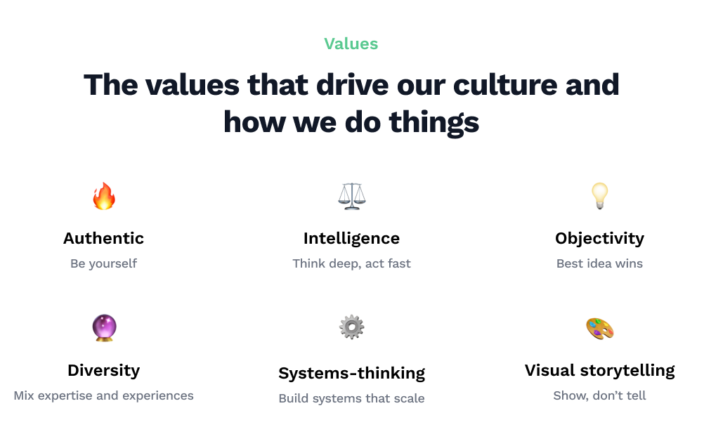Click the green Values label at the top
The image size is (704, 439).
pos(351,44)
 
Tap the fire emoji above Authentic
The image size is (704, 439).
pos(104,196)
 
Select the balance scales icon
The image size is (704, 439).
pos(351,196)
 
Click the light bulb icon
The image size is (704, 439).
pos(600,196)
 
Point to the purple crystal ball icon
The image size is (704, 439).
pos(104,328)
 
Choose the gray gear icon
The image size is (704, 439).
pos(351,327)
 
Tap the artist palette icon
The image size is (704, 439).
pos(600,329)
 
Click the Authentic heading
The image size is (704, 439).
pos(104,238)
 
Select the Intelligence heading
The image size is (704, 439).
pos(351,239)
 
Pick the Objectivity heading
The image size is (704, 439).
pos(600,239)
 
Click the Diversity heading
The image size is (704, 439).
pos(104,371)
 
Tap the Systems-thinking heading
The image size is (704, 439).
pos(351,374)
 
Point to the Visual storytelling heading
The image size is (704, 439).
pos(600,371)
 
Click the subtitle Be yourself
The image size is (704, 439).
pos(104,263)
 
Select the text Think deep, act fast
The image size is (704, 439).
pos(351,263)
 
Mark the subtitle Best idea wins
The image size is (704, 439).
pos(600,263)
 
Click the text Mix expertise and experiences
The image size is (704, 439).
pos(104,395)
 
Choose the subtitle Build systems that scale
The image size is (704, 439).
pos(351,398)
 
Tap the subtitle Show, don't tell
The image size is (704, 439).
pos(600,395)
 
